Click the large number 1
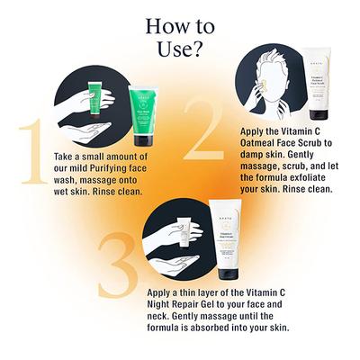(20, 154)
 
